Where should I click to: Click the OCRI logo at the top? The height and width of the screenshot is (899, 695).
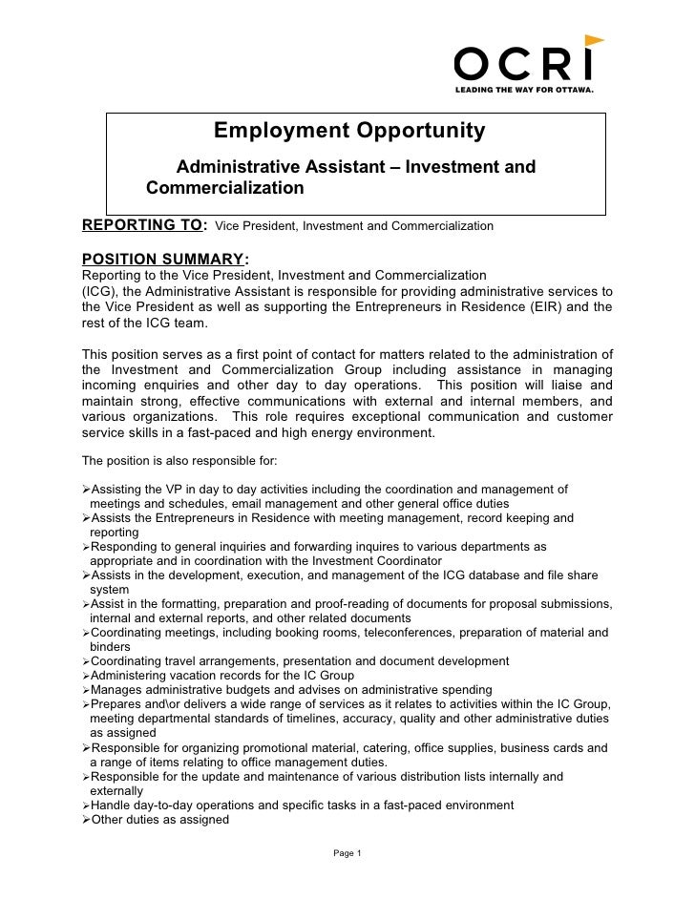point(524,65)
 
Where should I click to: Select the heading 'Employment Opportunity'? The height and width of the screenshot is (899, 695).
point(348,131)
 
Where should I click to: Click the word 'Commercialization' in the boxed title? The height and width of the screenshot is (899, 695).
point(224,188)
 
